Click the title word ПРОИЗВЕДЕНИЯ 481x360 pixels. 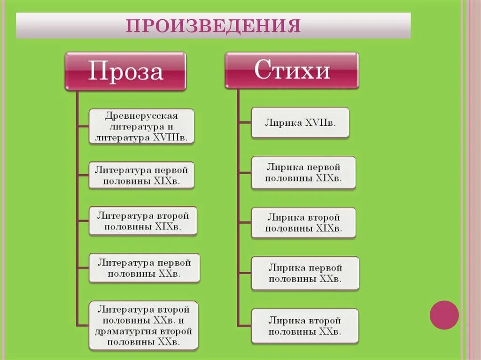point(213,26)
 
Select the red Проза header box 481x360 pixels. point(125,71)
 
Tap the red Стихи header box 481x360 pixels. point(292,70)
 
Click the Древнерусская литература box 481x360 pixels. point(142,126)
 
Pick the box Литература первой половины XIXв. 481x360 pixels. point(141,175)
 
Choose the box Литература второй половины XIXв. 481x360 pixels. point(143,221)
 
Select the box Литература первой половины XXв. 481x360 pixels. point(144,268)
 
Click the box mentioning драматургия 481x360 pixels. point(144,326)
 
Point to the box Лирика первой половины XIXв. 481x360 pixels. point(303,173)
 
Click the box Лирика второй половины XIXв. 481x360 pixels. point(303,223)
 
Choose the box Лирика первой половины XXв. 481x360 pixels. point(305,273)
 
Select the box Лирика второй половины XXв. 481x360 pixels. point(305,326)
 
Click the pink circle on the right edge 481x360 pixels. point(444,314)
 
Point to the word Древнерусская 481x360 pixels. point(142,115)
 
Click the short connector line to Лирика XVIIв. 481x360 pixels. point(245,123)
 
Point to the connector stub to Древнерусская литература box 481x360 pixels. point(83,126)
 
